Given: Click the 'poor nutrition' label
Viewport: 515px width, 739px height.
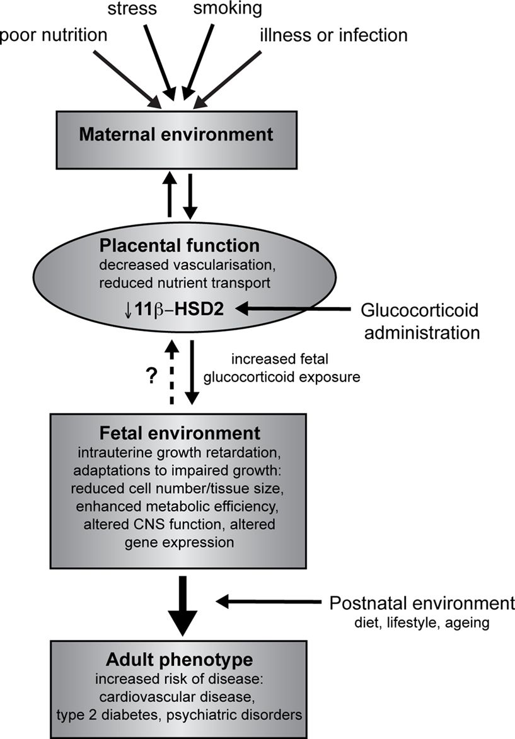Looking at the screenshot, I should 54,35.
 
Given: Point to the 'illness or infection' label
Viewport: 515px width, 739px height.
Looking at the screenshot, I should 333,35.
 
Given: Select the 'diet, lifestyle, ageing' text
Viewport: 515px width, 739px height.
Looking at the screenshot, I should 422,624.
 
